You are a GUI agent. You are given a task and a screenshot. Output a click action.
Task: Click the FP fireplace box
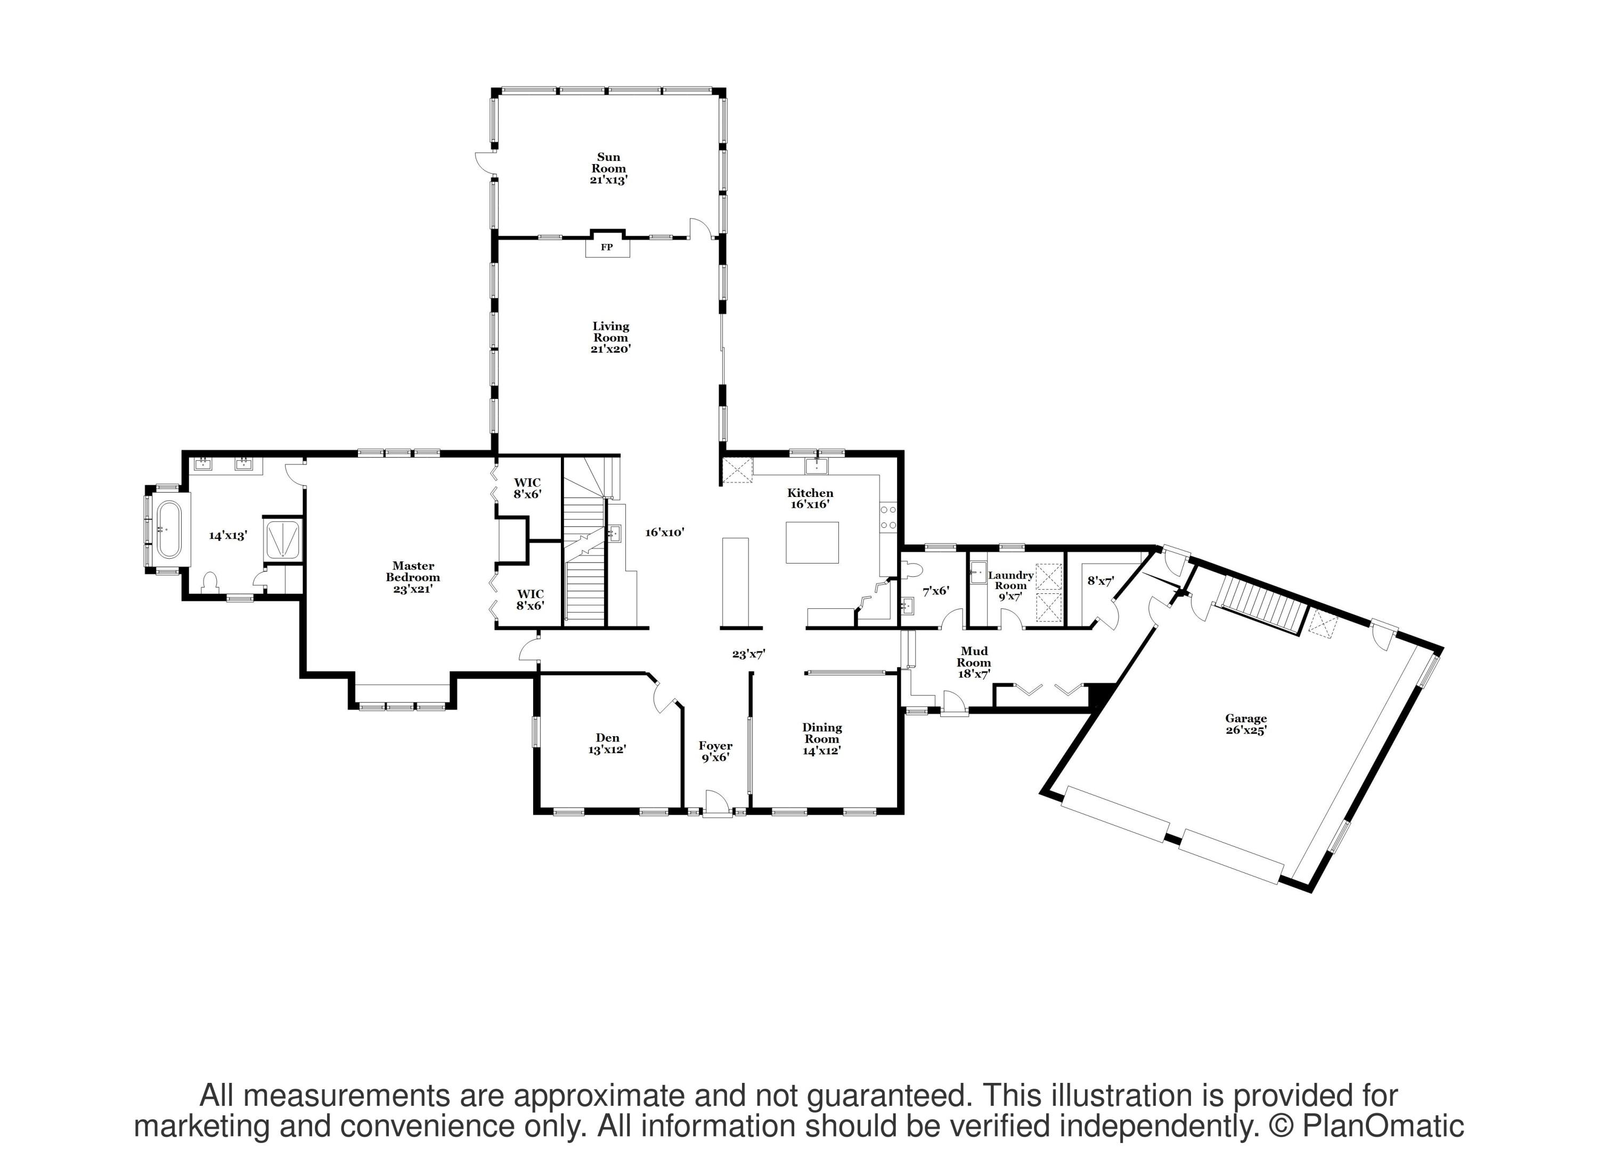(x=607, y=247)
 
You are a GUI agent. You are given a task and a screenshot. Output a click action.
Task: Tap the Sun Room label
(x=609, y=168)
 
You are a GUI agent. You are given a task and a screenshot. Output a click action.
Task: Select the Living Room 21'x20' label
(x=611, y=337)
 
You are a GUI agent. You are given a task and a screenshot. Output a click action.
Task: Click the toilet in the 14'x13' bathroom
(x=210, y=582)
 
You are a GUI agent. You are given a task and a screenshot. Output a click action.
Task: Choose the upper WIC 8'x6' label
(x=528, y=488)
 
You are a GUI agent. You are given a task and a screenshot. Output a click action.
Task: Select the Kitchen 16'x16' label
(x=810, y=498)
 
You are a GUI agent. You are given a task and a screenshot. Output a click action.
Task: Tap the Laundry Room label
(x=1010, y=585)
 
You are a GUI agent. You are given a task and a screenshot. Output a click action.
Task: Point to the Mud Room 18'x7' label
(x=974, y=662)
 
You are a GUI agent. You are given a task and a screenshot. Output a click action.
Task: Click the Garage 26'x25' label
(x=1245, y=724)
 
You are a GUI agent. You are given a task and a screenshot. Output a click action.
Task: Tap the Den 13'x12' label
(x=607, y=743)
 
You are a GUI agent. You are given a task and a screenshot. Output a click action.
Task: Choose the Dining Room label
(x=822, y=738)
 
